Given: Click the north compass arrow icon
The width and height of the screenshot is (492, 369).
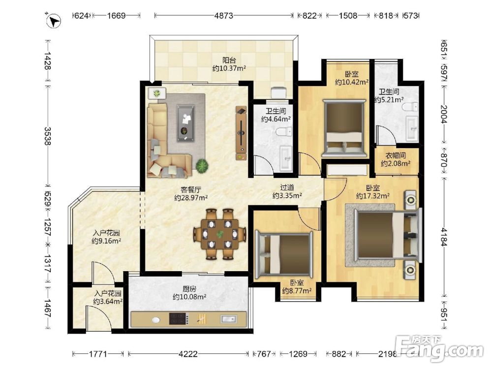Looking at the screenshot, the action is pyautogui.click(x=54, y=21).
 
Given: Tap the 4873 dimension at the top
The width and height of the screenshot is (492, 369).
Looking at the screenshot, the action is pyautogui.click(x=224, y=15).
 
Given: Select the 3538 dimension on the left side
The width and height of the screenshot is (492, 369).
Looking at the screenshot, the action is pyautogui.click(x=47, y=136).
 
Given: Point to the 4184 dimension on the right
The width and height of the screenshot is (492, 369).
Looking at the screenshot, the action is pyautogui.click(x=444, y=237).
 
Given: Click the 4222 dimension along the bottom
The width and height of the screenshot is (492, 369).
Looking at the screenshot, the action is pyautogui.click(x=188, y=354).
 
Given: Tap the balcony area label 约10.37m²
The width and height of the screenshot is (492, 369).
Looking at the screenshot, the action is pyautogui.click(x=229, y=68).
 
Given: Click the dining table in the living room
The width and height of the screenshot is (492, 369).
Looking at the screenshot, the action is pyautogui.click(x=220, y=234).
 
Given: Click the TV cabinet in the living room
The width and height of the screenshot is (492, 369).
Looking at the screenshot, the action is pyautogui.click(x=241, y=133).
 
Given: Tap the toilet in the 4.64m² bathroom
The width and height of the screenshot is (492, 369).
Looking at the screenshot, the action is pyautogui.click(x=284, y=131).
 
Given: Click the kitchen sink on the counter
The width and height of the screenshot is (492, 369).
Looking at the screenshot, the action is pyautogui.click(x=228, y=319).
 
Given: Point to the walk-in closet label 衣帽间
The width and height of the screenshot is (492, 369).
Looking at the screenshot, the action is pyautogui.click(x=396, y=155).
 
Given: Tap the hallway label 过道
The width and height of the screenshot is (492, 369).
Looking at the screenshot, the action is pyautogui.click(x=287, y=187).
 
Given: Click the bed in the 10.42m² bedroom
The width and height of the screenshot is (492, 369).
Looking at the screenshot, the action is pyautogui.click(x=344, y=128).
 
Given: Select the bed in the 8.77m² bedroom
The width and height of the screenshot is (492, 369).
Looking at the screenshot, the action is pyautogui.click(x=284, y=255).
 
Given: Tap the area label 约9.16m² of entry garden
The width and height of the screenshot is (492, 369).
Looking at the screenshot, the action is pyautogui.click(x=106, y=241).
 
